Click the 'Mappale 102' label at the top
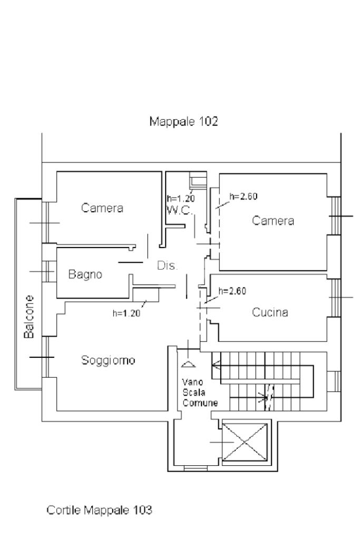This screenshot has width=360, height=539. tap(183, 121)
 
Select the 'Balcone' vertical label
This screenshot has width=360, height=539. tap(30, 316)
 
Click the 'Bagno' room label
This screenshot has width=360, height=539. tap(85, 275)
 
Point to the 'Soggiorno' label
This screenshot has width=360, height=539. tap(108, 360)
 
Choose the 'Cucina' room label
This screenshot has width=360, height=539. tap(270, 312)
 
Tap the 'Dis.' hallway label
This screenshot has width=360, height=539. tap(168, 266)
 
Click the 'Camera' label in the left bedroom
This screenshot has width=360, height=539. tap(102, 208)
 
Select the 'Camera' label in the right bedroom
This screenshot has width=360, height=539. tap(273, 221)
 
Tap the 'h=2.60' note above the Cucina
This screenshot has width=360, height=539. tap(232, 290)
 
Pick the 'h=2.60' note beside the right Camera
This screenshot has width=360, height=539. tap(244, 196)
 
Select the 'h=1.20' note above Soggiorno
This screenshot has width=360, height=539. tap(126, 313)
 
